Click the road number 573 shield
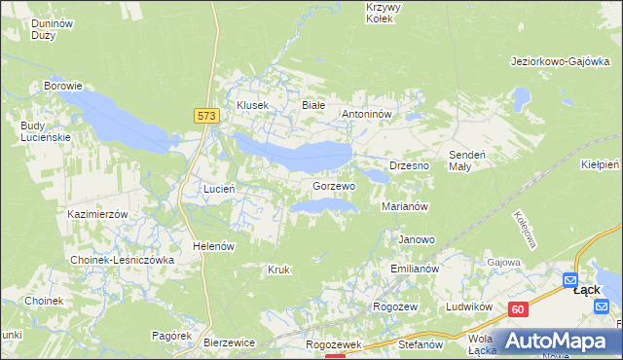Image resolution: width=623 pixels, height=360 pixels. click(205, 115)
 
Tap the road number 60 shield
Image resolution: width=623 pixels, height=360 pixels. click(518, 309)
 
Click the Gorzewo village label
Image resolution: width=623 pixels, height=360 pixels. click(334, 185)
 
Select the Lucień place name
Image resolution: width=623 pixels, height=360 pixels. click(216, 188)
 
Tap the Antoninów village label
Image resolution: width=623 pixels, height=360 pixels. click(366, 114)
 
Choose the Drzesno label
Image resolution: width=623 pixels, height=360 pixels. click(410, 165)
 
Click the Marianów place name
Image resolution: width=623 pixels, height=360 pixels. click(406, 206)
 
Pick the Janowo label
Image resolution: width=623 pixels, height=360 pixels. click(417, 238)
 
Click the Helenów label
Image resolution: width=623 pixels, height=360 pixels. click(214, 246)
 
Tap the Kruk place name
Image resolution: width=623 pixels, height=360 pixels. click(279, 269)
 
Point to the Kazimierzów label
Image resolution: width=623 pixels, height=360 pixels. click(98, 213)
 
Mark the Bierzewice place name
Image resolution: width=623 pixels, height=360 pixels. click(230, 342)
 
